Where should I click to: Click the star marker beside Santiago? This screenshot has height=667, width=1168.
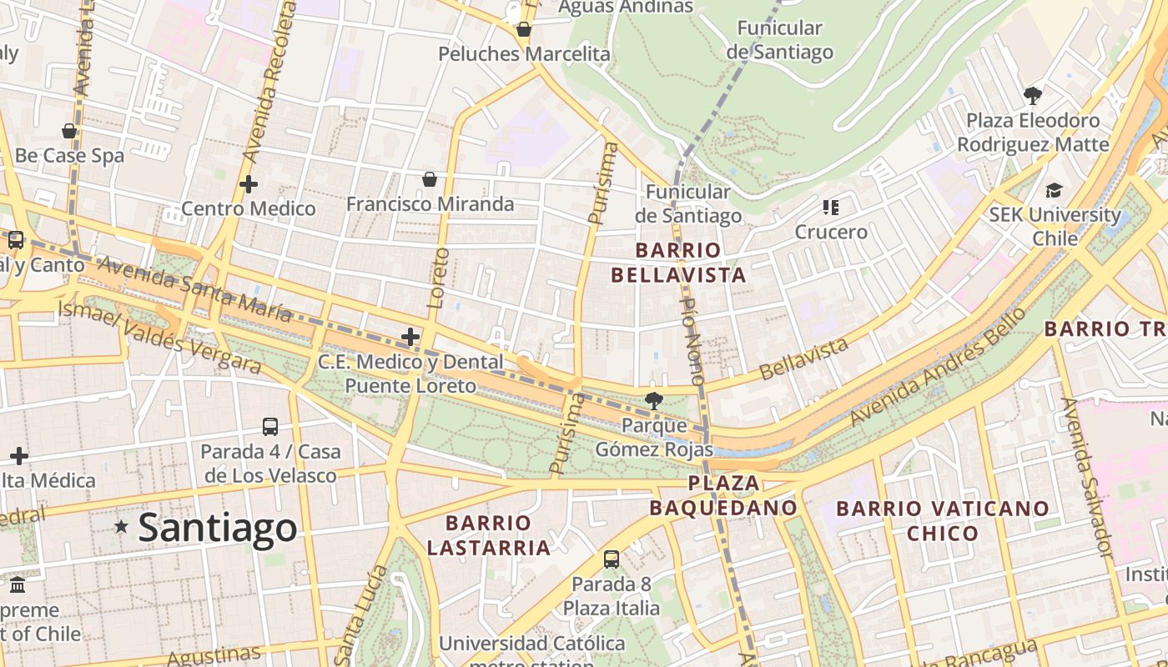pyautogui.click(x=122, y=526)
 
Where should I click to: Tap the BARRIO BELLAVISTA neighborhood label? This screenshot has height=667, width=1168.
pyautogui.click(x=677, y=263)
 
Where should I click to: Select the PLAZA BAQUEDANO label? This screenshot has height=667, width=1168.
pyautogui.click(x=723, y=495)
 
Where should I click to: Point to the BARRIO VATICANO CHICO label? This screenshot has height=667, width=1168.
pyautogui.click(x=943, y=520)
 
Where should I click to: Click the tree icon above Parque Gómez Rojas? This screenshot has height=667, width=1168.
pyautogui.click(x=654, y=401)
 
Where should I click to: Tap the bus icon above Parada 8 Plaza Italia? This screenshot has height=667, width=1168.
pyautogui.click(x=612, y=559)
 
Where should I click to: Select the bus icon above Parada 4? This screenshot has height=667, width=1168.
pyautogui.click(x=270, y=427)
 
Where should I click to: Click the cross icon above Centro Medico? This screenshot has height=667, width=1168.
pyautogui.click(x=249, y=184)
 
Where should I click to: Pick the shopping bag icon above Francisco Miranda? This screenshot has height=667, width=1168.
pyautogui.click(x=430, y=179)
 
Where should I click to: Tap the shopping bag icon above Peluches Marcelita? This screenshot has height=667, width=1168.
pyautogui.click(x=524, y=30)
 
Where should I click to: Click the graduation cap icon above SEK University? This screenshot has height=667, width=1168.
pyautogui.click(x=1055, y=191)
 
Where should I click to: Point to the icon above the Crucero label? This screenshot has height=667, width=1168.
pyautogui.click(x=830, y=207)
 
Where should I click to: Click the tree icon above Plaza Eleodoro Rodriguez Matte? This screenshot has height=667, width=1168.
pyautogui.click(x=1033, y=95)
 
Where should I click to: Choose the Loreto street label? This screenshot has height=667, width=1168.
pyautogui.click(x=438, y=278)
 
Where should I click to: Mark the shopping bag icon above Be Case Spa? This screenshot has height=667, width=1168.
pyautogui.click(x=69, y=131)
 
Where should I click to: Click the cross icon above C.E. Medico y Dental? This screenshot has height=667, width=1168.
pyautogui.click(x=410, y=337)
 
